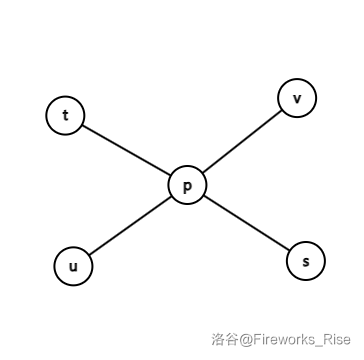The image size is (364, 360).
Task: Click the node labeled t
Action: point(65,115)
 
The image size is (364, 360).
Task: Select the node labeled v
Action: point(297,98)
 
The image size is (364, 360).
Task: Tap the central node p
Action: point(187,185)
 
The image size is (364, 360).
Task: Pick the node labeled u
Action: point(72,267)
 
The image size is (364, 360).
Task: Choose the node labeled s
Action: point(306,261)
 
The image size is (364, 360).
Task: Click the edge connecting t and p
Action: point(126,150)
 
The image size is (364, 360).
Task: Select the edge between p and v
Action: point(242,141)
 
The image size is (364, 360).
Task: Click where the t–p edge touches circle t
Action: point(82,125)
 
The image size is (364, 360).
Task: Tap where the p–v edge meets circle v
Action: point(281,110)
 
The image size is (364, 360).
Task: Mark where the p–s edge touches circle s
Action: point(289,250)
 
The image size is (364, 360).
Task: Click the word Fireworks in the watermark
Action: point(282,341)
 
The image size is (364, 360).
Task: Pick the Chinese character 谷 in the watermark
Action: point(230,341)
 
